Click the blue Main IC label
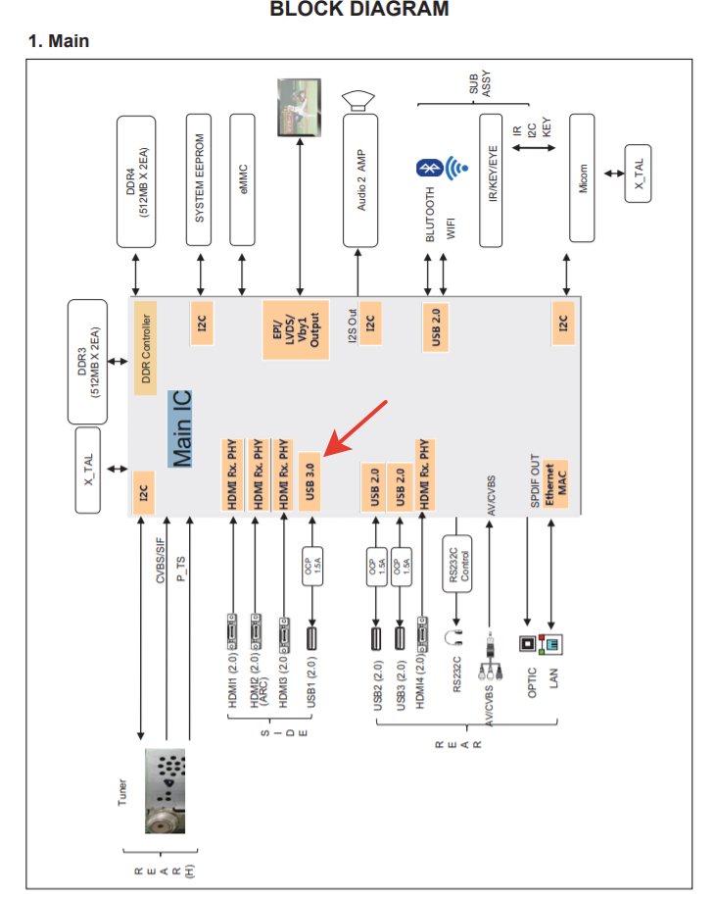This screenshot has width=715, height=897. tap(181, 428)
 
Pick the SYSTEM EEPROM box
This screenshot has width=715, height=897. tap(200, 180)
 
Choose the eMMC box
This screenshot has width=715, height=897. tap(243, 180)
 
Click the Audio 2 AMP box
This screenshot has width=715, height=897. tap(359, 180)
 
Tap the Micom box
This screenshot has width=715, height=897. tap(582, 180)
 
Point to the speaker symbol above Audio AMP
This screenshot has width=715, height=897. tap(359, 99)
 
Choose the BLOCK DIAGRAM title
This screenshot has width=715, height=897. tap(358, 10)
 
